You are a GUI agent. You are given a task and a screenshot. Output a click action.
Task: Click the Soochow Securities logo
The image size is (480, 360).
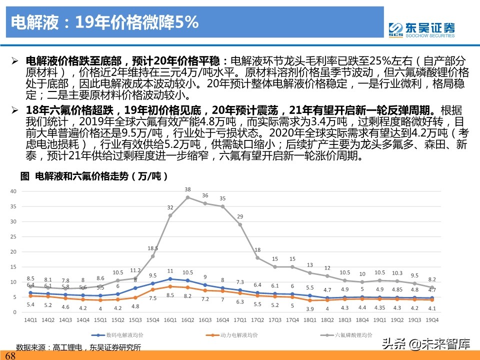tap(422, 29)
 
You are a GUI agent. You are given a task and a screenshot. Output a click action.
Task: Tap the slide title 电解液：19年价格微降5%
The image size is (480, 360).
tap(104, 22)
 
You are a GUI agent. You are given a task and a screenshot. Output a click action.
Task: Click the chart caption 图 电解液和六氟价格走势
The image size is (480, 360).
tap(93, 176)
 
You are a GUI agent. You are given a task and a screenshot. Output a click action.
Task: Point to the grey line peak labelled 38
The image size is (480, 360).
tap(187, 197)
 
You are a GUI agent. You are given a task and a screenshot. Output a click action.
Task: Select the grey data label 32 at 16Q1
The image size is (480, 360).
tap(170, 207)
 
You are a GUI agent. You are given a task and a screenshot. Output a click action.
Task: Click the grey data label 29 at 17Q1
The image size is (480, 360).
tap(240, 216)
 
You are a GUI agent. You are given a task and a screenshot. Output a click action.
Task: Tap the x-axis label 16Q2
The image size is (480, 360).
tap(187, 319)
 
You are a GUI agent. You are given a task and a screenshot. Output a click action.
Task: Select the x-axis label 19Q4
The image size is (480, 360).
tap(432, 319)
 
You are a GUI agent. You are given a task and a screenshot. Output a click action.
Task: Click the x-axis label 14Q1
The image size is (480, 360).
tap(30, 319)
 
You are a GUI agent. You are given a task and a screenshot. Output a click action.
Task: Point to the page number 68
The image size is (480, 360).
tap(10, 356)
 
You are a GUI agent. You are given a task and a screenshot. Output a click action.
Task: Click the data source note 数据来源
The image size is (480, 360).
tap(78, 347)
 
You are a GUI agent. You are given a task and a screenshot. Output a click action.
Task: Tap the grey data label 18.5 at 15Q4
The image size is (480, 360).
tap(152, 248)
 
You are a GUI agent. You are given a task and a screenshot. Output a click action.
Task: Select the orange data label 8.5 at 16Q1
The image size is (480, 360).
tap(170, 295)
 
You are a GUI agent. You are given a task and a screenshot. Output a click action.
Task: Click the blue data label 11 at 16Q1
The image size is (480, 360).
tap(170, 271)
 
